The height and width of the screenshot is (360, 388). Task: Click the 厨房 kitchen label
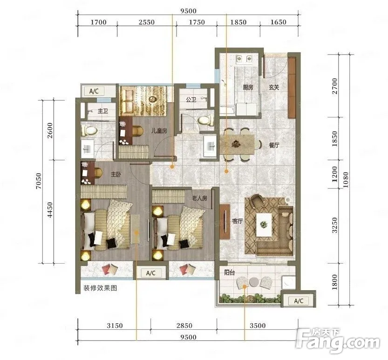click(248, 87)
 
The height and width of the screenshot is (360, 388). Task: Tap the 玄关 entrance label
click(274, 87)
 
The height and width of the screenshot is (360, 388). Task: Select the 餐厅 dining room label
click(274, 145)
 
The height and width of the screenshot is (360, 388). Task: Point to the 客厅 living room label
click(237, 221)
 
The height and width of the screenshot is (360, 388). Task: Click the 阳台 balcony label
click(229, 272)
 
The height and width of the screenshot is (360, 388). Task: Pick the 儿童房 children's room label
click(159, 131)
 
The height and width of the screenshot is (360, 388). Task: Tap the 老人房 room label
click(199, 198)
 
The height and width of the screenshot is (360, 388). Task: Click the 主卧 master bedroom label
click(116, 175)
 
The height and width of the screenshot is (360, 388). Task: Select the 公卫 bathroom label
click(191, 100)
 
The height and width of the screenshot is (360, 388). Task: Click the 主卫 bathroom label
click(102, 111)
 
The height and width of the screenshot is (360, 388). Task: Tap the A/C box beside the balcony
click(299, 301)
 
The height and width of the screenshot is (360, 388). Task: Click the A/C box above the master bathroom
click(94, 91)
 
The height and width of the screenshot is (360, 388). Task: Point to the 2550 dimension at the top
click(146, 22)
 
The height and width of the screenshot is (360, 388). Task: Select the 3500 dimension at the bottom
click(257, 325)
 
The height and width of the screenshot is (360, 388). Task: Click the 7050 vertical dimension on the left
click(39, 181)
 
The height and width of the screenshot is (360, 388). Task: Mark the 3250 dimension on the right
click(334, 225)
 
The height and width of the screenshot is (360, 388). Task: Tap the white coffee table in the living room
click(264, 225)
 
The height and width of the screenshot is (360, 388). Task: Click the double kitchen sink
click(244, 59)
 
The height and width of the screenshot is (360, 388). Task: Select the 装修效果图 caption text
click(100, 288)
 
